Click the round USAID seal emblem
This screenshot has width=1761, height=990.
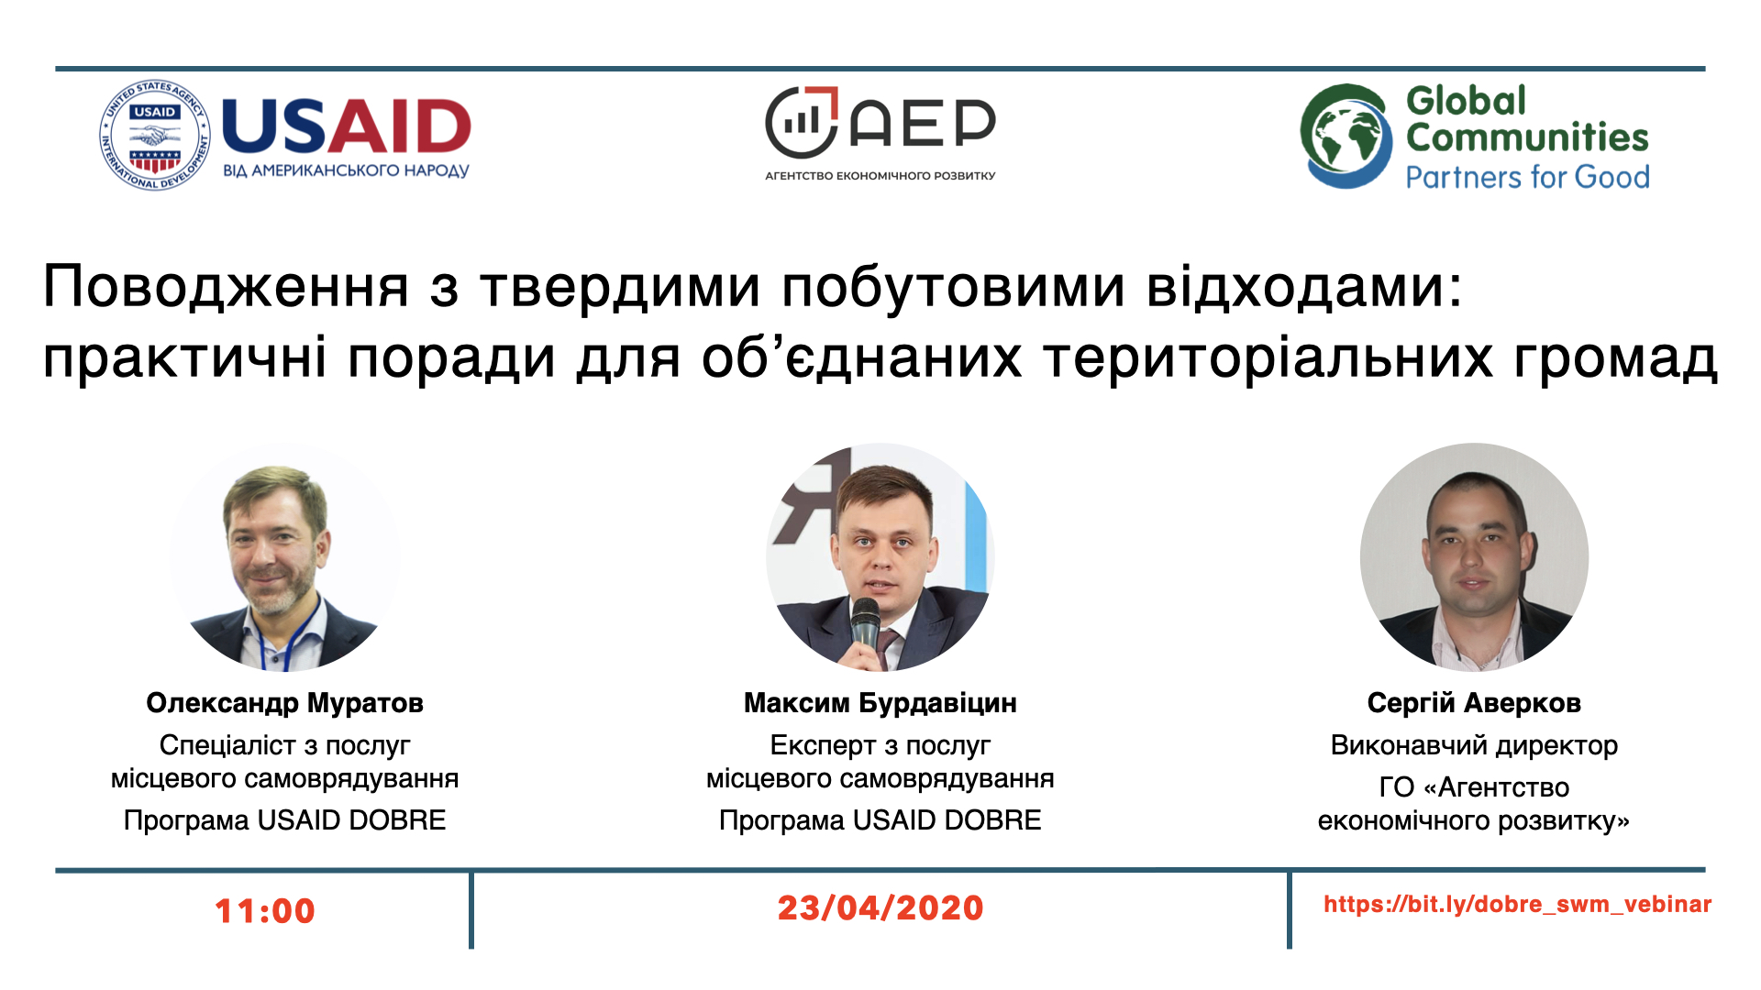point(155,136)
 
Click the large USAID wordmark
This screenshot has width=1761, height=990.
point(347,126)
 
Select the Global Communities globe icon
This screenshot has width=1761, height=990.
point(1346,137)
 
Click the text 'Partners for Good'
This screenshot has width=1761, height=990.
point(1527,176)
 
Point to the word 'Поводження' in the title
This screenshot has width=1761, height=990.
point(226,287)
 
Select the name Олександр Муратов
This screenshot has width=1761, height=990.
point(284,703)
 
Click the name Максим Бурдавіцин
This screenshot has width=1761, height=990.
point(880,703)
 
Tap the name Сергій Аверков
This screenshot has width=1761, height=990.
point(1474,703)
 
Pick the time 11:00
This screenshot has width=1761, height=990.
point(265,911)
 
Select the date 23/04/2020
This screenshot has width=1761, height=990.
point(880,908)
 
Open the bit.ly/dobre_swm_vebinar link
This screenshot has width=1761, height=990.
point(1518,905)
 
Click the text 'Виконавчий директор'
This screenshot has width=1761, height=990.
point(1474,745)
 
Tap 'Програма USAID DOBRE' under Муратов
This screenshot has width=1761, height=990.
point(284,819)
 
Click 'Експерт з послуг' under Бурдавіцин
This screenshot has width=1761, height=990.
point(880,745)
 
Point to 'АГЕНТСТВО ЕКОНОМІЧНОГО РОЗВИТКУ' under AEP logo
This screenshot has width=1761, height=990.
point(880,176)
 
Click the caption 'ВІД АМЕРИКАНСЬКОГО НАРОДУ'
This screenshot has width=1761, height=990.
point(347,170)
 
